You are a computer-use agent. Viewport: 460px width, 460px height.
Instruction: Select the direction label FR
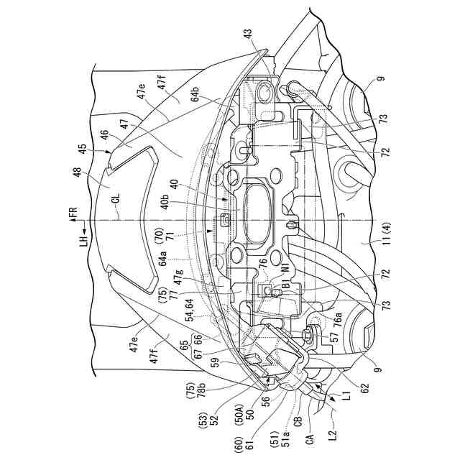(73, 215)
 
